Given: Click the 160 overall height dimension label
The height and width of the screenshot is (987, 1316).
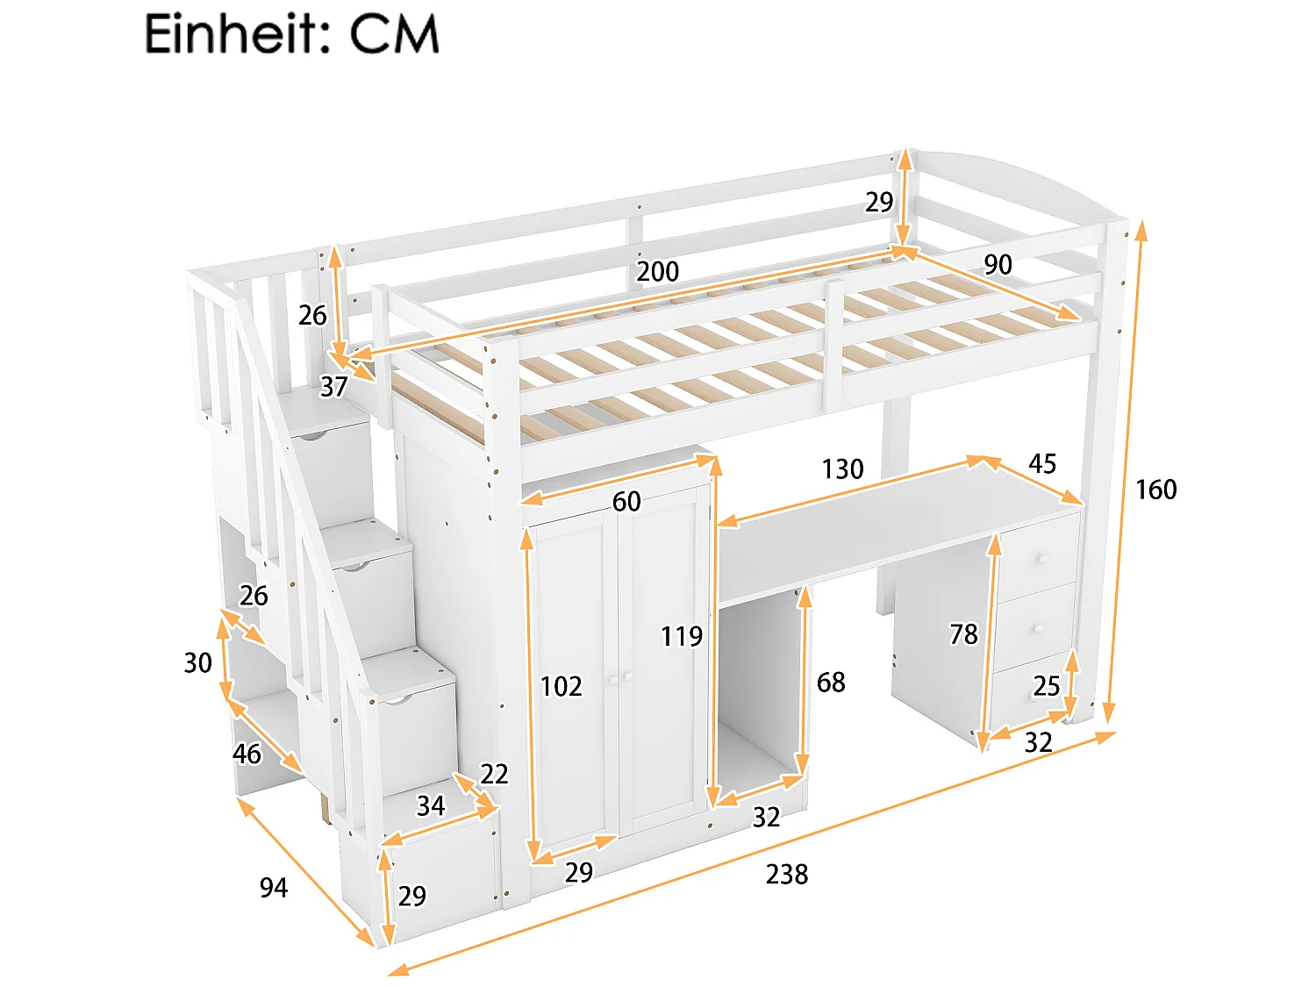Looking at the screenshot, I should (x=1155, y=490).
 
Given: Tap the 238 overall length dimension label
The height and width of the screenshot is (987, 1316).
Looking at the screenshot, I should (x=786, y=874).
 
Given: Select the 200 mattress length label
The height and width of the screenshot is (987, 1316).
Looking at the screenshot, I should (x=657, y=272).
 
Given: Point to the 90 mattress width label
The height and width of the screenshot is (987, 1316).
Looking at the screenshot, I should (x=998, y=265).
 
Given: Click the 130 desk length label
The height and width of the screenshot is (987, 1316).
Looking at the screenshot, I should (x=842, y=469).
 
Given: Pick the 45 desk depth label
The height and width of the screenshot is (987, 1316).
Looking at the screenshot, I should (x=1042, y=464).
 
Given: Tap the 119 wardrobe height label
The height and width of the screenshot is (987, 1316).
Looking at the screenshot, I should (x=682, y=636).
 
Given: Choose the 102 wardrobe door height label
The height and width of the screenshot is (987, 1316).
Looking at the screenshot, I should (x=561, y=686).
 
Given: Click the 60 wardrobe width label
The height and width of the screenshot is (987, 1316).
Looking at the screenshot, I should (x=626, y=502).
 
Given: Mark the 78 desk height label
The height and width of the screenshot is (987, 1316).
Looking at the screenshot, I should (x=963, y=634).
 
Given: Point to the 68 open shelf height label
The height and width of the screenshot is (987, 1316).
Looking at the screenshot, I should (x=831, y=683).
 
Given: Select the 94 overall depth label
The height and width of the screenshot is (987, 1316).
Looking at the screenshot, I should (x=273, y=888).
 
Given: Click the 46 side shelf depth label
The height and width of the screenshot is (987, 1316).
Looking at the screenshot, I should (x=247, y=754).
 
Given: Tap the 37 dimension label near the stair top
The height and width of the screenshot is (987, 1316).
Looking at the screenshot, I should (x=333, y=387).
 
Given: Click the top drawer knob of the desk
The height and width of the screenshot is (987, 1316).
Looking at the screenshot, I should (x=1044, y=560).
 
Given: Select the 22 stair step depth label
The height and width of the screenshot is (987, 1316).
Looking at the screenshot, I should (x=494, y=774).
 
